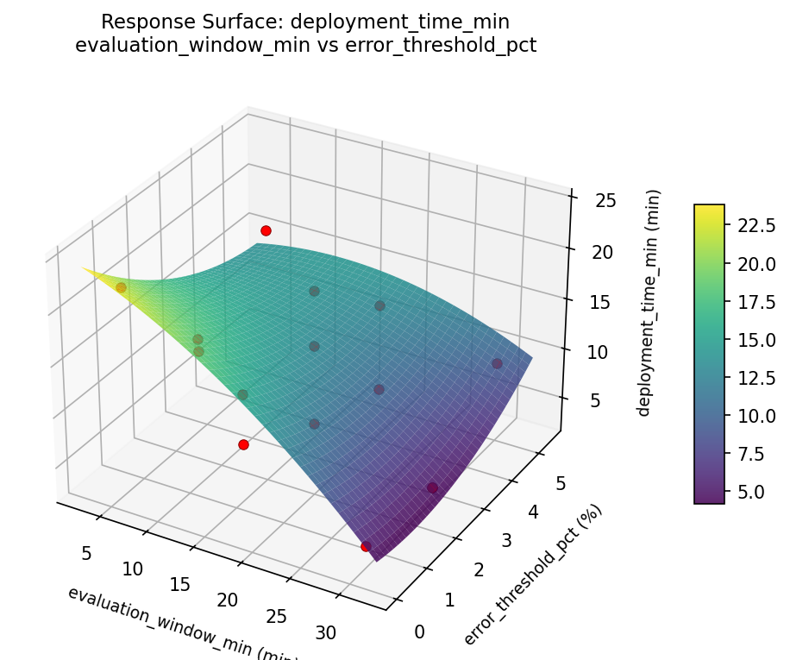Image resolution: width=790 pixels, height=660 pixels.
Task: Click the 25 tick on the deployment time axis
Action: pyautogui.click(x=605, y=201)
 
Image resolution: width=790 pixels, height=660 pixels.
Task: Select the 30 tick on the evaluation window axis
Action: pyautogui.click(x=326, y=632)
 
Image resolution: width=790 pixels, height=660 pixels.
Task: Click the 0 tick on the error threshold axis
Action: pyautogui.click(x=419, y=632)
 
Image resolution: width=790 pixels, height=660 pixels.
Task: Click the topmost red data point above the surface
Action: pyautogui.click(x=266, y=230)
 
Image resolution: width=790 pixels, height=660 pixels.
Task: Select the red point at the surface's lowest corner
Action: pyautogui.click(x=366, y=546)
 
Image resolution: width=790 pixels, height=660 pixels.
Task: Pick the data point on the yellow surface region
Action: pyautogui.click(x=121, y=288)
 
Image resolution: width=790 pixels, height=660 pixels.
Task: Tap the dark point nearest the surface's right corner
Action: pyautogui.click(x=497, y=363)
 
